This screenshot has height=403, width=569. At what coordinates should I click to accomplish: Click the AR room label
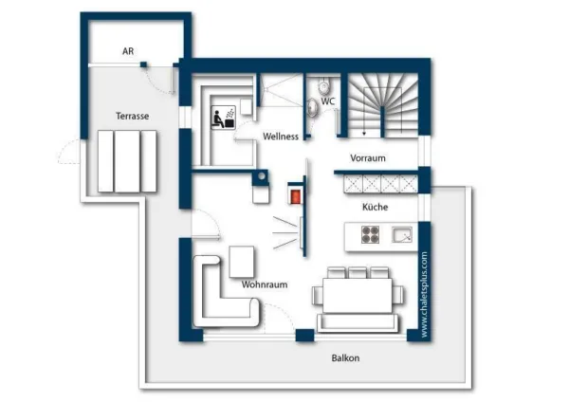128,51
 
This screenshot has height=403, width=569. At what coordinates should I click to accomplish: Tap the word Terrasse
133,116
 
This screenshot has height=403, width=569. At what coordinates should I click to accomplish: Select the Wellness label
281,137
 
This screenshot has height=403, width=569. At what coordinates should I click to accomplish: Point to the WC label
328,101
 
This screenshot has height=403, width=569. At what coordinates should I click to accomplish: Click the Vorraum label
368,158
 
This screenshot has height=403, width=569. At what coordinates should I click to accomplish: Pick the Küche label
376,207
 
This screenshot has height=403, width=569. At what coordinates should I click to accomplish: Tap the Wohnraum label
265,284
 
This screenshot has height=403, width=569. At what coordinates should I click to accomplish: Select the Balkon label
345,358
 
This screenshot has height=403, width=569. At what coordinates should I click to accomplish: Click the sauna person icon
223,118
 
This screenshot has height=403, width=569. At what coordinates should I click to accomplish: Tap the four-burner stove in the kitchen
371,234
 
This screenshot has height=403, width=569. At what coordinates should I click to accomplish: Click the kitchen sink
402,234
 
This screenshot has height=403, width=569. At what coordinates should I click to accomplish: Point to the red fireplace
295,196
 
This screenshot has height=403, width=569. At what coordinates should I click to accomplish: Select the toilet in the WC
323,85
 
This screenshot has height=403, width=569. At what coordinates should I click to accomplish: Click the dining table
358,295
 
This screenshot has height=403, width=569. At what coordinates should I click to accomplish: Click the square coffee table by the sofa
242,262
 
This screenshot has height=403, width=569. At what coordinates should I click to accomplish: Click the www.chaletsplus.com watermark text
425,295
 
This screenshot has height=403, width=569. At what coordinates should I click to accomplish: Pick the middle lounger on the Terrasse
127,161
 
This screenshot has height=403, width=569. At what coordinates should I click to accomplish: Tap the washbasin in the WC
311,107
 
